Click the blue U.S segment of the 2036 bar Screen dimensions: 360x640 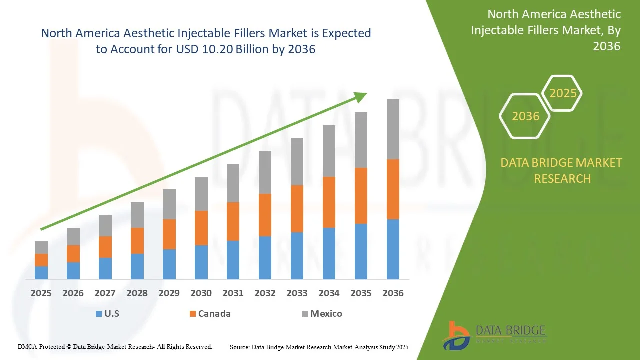[x=393, y=249]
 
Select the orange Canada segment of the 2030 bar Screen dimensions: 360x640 [x=201, y=228]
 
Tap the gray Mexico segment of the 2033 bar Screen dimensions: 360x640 [x=297, y=161]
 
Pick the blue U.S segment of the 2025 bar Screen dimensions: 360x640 [x=41, y=272]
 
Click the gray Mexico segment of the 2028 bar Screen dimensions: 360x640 [x=137, y=215]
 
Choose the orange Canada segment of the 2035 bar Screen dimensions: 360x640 [x=361, y=195]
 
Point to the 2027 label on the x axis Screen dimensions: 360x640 [x=105, y=293]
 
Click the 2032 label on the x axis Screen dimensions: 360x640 [x=265, y=293]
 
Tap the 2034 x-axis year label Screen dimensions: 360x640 [x=329, y=293]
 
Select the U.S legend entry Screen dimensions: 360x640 [x=107, y=314]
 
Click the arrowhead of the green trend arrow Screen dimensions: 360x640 [x=361, y=96]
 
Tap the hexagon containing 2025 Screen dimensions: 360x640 [x=563, y=93]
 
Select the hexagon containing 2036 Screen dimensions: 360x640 [x=525, y=116]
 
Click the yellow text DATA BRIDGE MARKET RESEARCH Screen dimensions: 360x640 [x=562, y=170]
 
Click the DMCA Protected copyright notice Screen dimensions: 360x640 [x=115, y=346]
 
